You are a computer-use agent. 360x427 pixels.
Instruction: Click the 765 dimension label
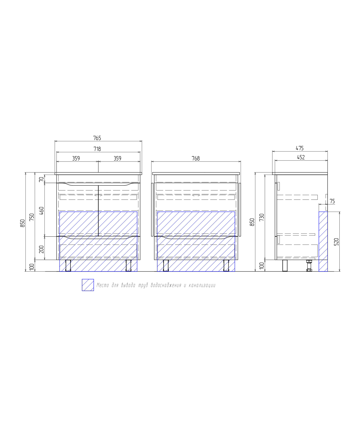97,138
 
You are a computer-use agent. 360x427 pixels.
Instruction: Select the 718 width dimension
97,149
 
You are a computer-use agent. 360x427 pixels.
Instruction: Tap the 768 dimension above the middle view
196,158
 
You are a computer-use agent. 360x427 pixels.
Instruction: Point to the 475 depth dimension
300,148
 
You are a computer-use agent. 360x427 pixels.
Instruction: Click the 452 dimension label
301,157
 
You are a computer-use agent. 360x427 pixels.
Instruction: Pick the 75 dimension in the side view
332,201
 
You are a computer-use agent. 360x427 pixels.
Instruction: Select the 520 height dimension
336,242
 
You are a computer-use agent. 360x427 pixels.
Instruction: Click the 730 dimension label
262,217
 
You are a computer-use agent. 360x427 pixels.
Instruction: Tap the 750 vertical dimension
32,217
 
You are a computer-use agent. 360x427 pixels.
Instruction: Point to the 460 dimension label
41,210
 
